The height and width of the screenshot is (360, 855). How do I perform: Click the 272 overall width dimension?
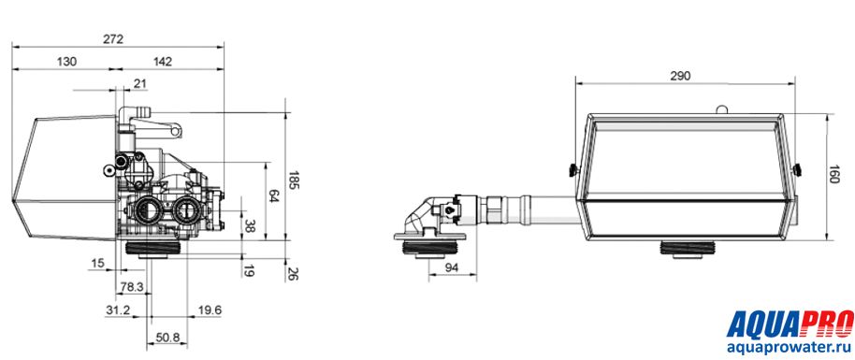point(113,39)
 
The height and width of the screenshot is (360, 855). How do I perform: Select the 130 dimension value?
point(66,62)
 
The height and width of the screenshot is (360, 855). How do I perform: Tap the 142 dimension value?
point(162,62)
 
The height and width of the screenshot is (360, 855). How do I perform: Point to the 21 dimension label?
point(140,83)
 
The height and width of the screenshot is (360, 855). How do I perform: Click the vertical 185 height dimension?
point(293,180)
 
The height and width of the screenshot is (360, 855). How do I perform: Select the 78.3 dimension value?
point(131,286)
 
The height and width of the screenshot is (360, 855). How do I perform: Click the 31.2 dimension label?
point(118,310)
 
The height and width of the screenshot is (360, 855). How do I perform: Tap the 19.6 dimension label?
point(210,310)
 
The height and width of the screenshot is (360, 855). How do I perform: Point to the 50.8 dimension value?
point(168,338)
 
